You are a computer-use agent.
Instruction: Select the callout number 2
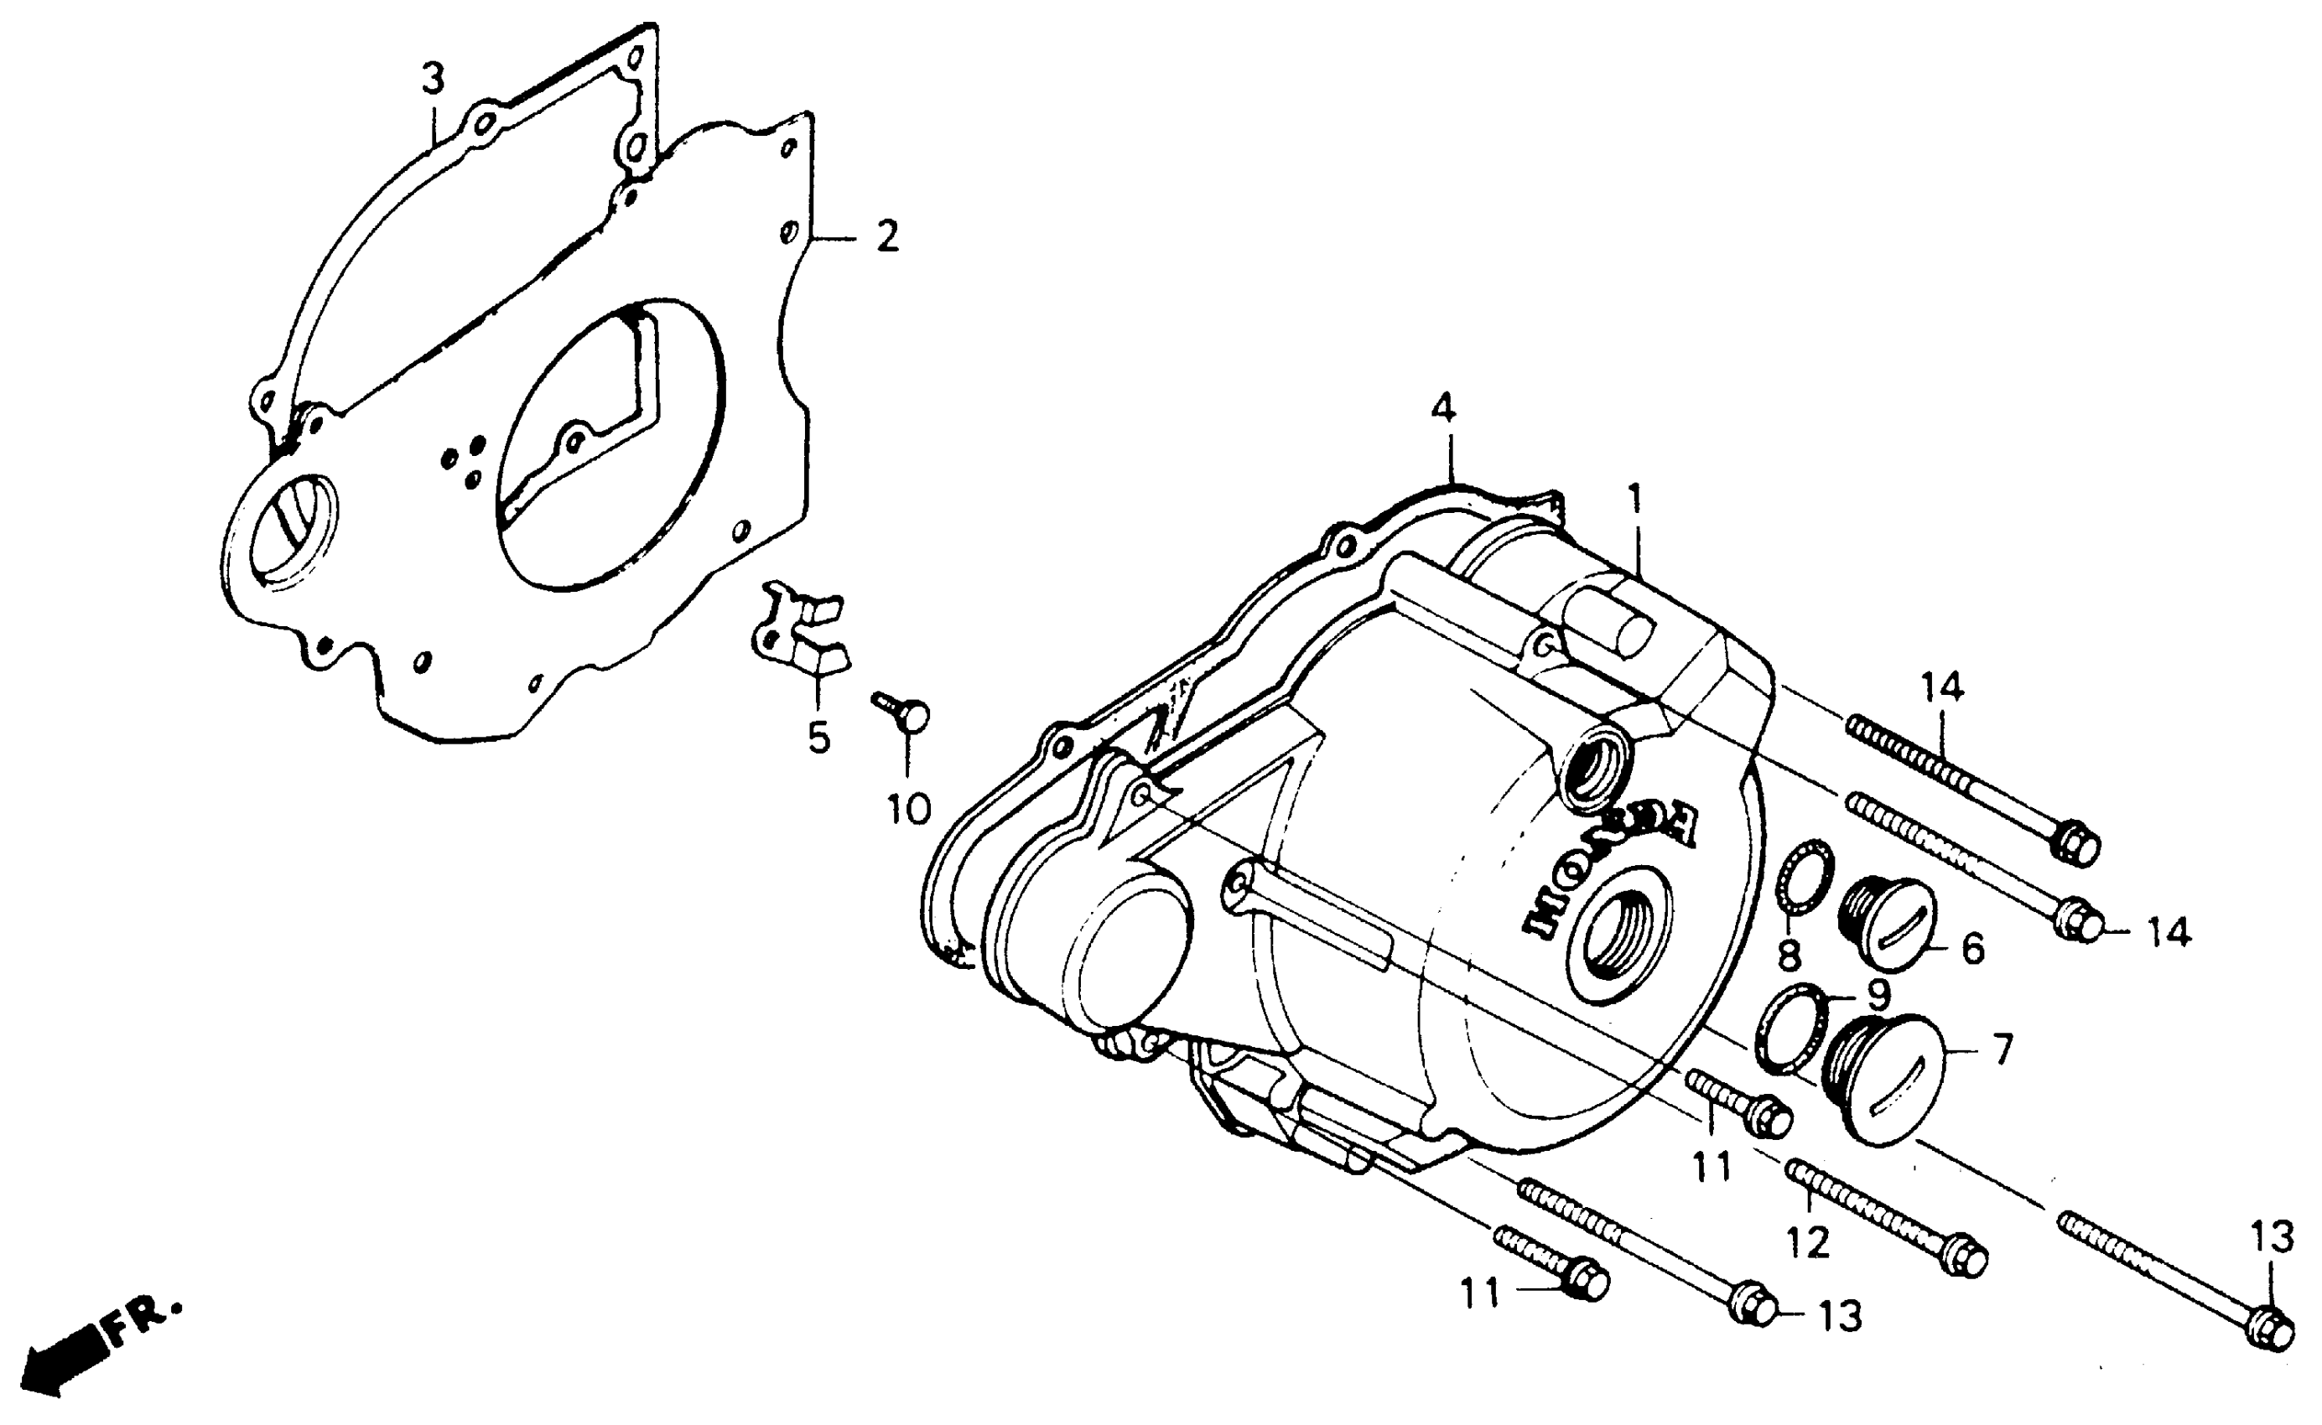(886, 236)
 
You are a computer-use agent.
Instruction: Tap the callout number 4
(1442, 409)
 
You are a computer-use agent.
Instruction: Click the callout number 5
(818, 737)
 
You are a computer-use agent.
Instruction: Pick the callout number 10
(908, 808)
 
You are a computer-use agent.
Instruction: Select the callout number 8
(1789, 955)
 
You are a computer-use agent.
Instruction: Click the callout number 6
(1972, 948)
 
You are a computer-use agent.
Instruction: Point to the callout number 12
(1806, 1242)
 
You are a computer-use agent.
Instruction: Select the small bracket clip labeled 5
(802, 630)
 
